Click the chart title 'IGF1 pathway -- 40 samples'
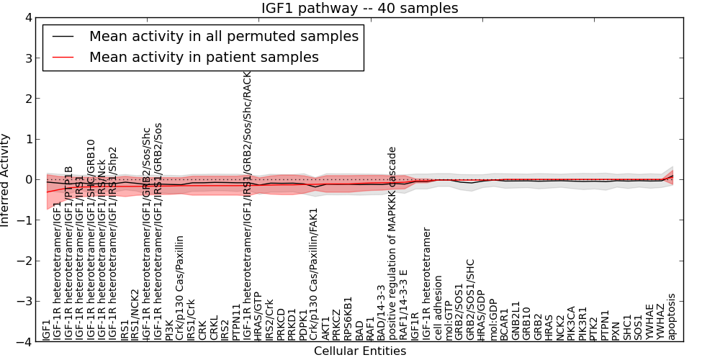click(x=359, y=8)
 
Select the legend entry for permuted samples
click(x=223, y=36)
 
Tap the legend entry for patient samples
click(x=204, y=56)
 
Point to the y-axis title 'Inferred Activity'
click(x=6, y=180)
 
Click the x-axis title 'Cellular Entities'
click(x=359, y=351)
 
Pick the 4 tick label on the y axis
click(x=27, y=17)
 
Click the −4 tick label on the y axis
click(x=24, y=342)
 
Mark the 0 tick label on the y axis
click(x=27, y=179)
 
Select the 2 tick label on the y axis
click(x=27, y=99)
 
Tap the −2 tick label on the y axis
click(x=24, y=261)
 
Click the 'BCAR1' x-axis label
click(x=505, y=325)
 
